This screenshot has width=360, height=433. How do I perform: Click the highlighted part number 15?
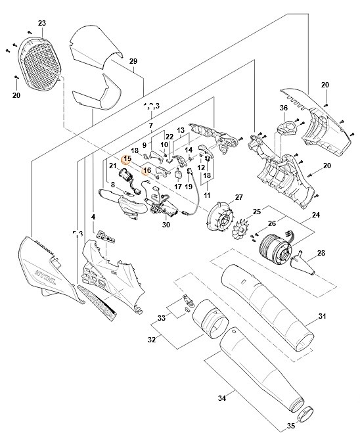click(127, 158)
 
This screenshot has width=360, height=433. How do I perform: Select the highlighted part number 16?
click(147, 170)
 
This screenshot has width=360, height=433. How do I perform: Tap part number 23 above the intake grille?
click(41, 24)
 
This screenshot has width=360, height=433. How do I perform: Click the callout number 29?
click(133, 62)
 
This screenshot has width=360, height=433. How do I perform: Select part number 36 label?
click(284, 108)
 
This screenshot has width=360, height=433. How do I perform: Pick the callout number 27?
click(221, 197)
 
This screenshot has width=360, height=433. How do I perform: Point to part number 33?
click(161, 317)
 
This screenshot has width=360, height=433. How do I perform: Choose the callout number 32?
click(152, 339)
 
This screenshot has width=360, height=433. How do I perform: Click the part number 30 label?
click(166, 224)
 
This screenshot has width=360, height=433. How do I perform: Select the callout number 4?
click(93, 217)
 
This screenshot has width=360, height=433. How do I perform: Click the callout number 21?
click(112, 166)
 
